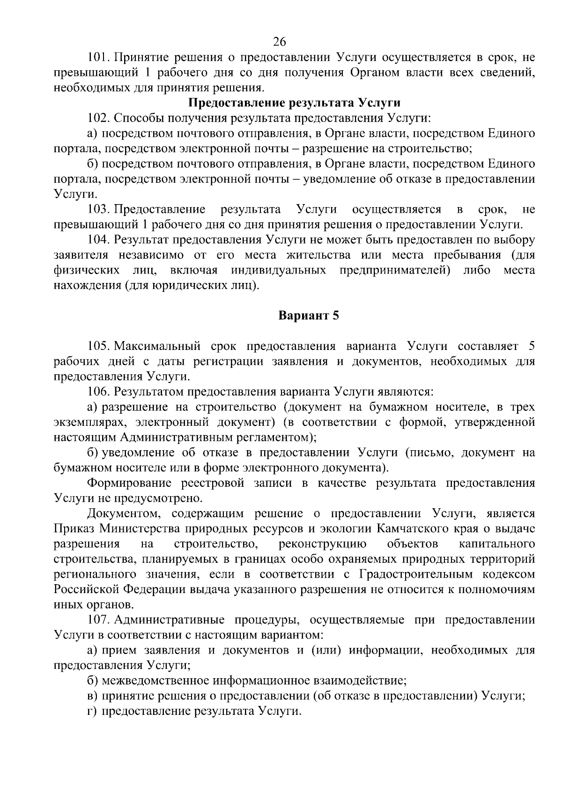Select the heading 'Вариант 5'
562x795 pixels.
(x=308, y=316)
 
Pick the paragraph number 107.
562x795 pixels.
(x=98, y=620)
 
